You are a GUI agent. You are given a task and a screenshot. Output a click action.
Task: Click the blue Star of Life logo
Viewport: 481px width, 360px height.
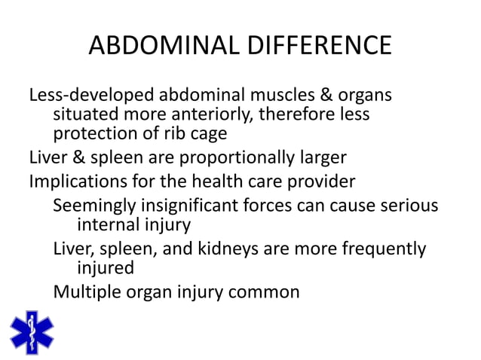32,331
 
